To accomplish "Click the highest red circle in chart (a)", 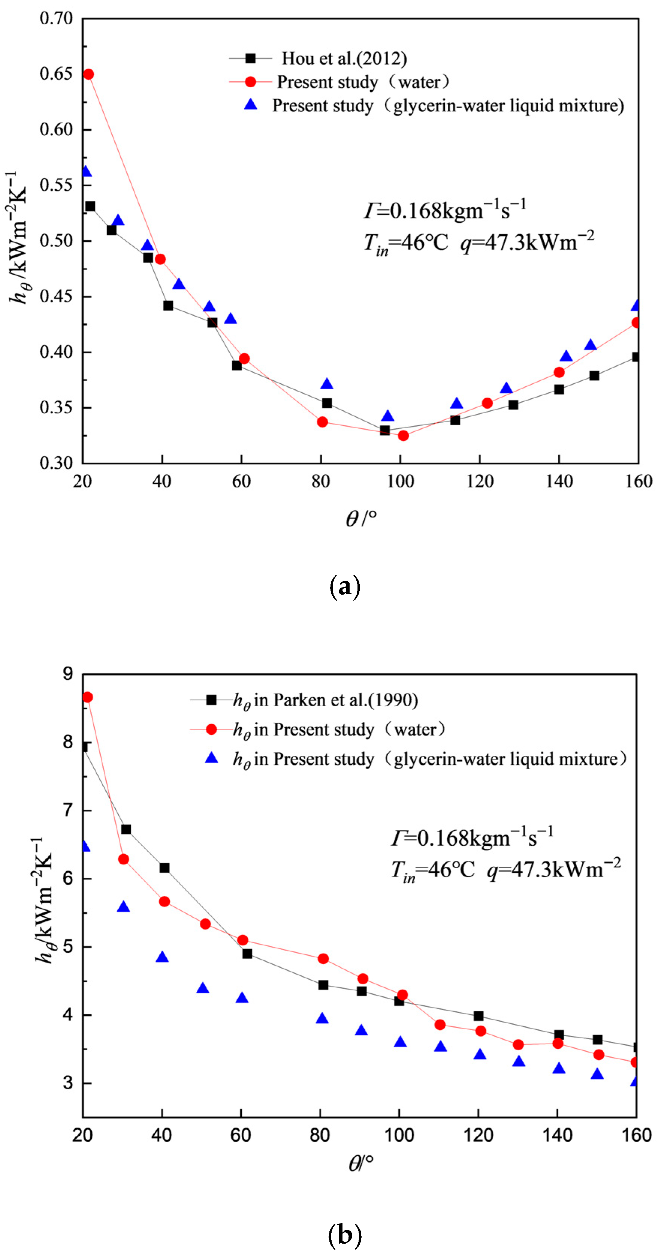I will (x=88, y=74).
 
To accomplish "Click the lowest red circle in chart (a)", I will (x=403, y=435).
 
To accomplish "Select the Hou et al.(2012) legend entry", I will (x=344, y=58).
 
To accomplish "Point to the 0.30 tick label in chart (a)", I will (x=56, y=462).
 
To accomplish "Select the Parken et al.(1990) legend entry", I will (x=325, y=700).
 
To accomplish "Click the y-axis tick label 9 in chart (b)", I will (x=68, y=674).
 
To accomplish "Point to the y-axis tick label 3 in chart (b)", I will (x=68, y=1083).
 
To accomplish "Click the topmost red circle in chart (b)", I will (x=87, y=697).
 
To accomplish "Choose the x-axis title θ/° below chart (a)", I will (x=361, y=518).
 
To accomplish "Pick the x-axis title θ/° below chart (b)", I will (x=361, y=1164).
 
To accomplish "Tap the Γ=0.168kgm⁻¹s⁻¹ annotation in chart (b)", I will (x=471, y=838).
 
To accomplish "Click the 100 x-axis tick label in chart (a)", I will (x=400, y=482).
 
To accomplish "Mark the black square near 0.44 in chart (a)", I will (x=168, y=306).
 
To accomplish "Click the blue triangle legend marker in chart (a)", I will (x=251, y=104).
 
